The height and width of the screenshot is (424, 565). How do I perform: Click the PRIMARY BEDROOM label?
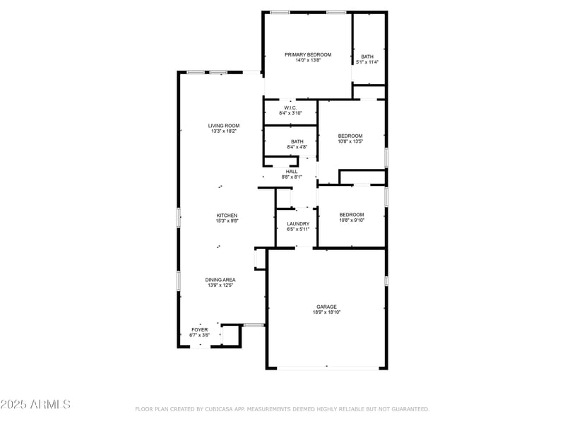[x=308, y=55]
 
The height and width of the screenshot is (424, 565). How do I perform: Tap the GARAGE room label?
[x=327, y=307]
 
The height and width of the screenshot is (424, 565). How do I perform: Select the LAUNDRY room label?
[x=298, y=224]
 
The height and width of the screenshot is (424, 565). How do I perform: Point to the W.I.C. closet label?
[x=290, y=108]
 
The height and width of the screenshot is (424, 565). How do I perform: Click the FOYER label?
[x=200, y=329]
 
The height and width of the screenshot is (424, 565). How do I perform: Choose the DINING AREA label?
[x=220, y=280]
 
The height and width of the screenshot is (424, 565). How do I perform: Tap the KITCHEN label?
[x=227, y=216]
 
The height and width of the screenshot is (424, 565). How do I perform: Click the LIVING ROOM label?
[x=224, y=126]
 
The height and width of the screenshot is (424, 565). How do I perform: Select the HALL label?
[x=292, y=172]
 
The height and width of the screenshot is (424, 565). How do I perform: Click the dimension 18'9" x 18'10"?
[x=327, y=312]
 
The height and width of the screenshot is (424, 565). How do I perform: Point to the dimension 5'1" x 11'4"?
[x=367, y=62]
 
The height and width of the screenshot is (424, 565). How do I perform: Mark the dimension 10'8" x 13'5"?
[x=350, y=141]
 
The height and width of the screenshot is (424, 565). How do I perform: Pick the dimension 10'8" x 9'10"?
[x=352, y=220]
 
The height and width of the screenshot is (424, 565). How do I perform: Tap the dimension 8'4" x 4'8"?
[x=297, y=147]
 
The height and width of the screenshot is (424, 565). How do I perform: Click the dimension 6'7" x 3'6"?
[x=200, y=335]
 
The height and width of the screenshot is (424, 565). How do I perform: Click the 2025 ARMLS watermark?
[x=35, y=404]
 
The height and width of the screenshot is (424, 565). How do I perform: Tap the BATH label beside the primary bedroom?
[x=367, y=57]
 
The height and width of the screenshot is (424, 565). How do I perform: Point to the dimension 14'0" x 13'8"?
[x=308, y=60]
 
